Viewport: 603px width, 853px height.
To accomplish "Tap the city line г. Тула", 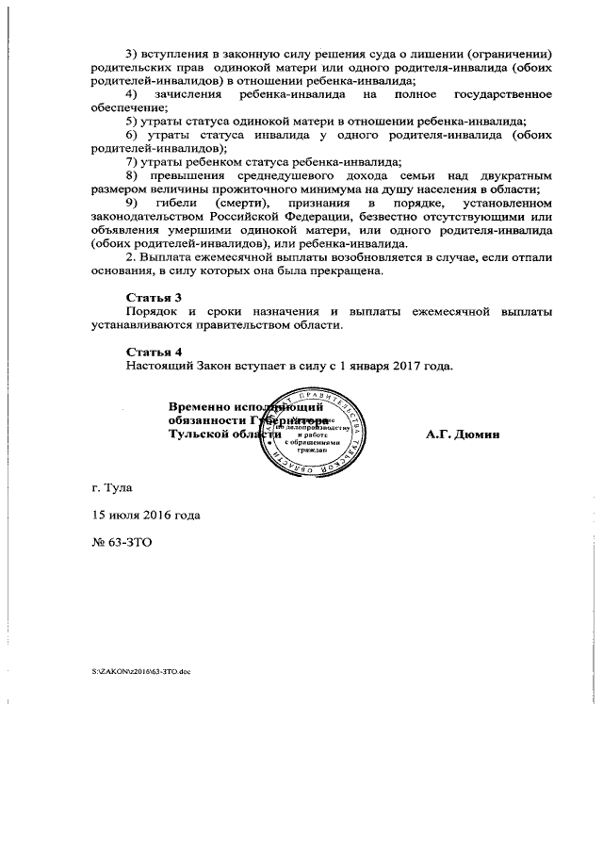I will (x=106, y=488).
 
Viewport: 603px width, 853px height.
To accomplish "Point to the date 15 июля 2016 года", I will (x=141, y=516).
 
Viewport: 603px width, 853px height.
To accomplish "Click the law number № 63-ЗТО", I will (x=116, y=543).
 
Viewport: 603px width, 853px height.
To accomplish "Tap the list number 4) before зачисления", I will (x=132, y=95).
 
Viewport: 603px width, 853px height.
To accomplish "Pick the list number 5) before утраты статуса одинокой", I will (x=132, y=123).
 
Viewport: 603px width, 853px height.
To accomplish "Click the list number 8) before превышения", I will (x=132, y=175).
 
